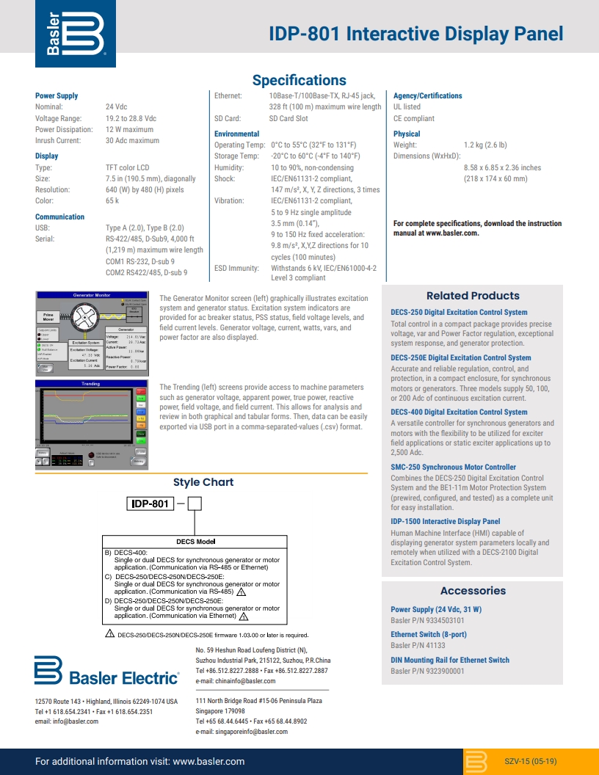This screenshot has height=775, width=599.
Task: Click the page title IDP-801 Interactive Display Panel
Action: [x=416, y=34]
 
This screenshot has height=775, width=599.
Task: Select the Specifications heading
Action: [x=299, y=80]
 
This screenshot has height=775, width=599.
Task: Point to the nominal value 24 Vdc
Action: [x=116, y=107]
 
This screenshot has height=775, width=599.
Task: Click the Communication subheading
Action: [x=59, y=217]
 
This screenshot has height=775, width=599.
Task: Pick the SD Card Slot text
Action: [x=288, y=119]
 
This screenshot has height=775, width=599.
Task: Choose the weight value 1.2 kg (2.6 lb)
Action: [x=485, y=145]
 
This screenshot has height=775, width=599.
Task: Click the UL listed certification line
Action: [x=407, y=107]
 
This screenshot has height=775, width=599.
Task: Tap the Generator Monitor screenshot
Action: [x=92, y=332]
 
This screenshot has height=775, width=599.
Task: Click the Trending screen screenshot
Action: [x=92, y=424]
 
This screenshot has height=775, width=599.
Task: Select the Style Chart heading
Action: [x=203, y=482]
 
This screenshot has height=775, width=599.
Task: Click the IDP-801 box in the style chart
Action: [x=151, y=504]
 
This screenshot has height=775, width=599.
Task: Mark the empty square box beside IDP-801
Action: [x=195, y=504]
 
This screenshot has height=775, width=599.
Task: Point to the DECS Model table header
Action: [x=195, y=542]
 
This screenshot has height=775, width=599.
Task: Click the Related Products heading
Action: [x=473, y=296]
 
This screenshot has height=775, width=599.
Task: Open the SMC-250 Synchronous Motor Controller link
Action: [x=453, y=467]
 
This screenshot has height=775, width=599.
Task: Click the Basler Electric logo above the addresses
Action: [x=106, y=672]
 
